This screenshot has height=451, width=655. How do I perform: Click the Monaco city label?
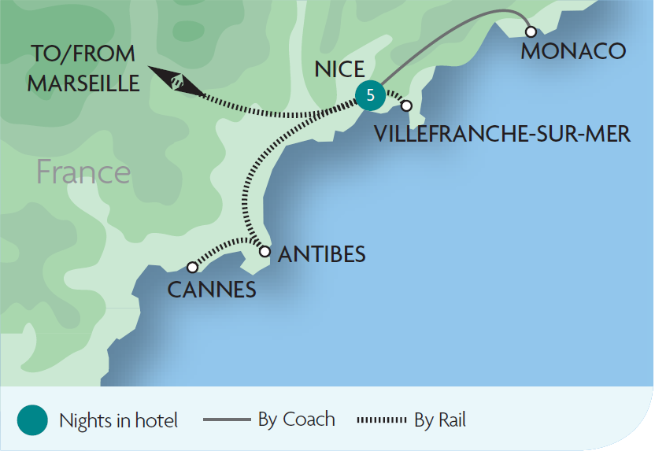(573, 52)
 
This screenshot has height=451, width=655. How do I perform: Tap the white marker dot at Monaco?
(531, 31)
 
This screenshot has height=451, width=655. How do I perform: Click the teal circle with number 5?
(370, 95)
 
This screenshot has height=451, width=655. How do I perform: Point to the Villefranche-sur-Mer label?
(502, 134)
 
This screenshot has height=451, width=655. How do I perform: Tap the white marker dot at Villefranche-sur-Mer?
(406, 105)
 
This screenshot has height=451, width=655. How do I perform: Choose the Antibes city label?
(322, 254)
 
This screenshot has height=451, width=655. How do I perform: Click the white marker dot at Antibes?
(265, 253)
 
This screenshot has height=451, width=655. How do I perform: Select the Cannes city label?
(212, 290)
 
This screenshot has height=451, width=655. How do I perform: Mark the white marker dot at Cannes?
(192, 268)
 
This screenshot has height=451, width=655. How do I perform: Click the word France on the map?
(83, 172)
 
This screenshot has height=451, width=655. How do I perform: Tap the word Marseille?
(83, 83)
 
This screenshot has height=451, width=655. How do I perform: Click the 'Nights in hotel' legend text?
(118, 420)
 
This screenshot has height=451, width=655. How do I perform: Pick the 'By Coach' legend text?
(296, 420)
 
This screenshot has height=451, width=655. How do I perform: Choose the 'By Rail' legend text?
(440, 420)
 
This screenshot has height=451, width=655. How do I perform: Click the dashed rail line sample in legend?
(382, 420)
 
